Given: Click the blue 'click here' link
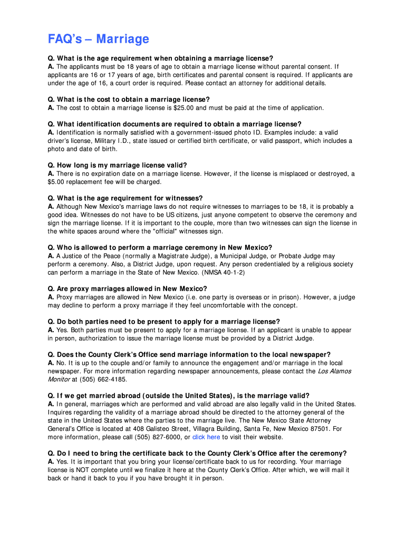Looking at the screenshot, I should tap(206, 437).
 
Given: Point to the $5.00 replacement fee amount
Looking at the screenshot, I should tap(56, 182).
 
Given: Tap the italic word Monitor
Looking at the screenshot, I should tap(59, 380).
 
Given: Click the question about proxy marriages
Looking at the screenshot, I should tap(127, 289).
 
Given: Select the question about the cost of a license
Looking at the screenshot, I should tap(129, 100).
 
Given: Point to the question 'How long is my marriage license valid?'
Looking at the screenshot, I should tap(117, 166).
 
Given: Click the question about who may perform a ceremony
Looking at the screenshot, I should tap(160, 248).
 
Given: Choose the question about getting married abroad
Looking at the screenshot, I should tap(178, 396).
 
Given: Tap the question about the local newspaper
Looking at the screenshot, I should tap(189, 355).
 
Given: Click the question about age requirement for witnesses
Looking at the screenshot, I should tap(125, 198).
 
